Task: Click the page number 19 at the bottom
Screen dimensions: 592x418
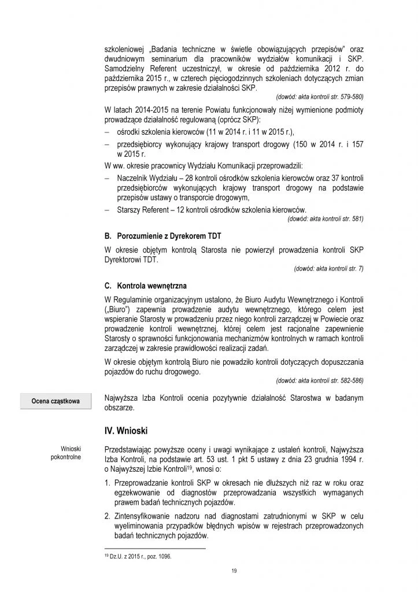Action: (234, 571)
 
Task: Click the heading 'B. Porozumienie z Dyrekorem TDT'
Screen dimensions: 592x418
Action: (162, 237)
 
